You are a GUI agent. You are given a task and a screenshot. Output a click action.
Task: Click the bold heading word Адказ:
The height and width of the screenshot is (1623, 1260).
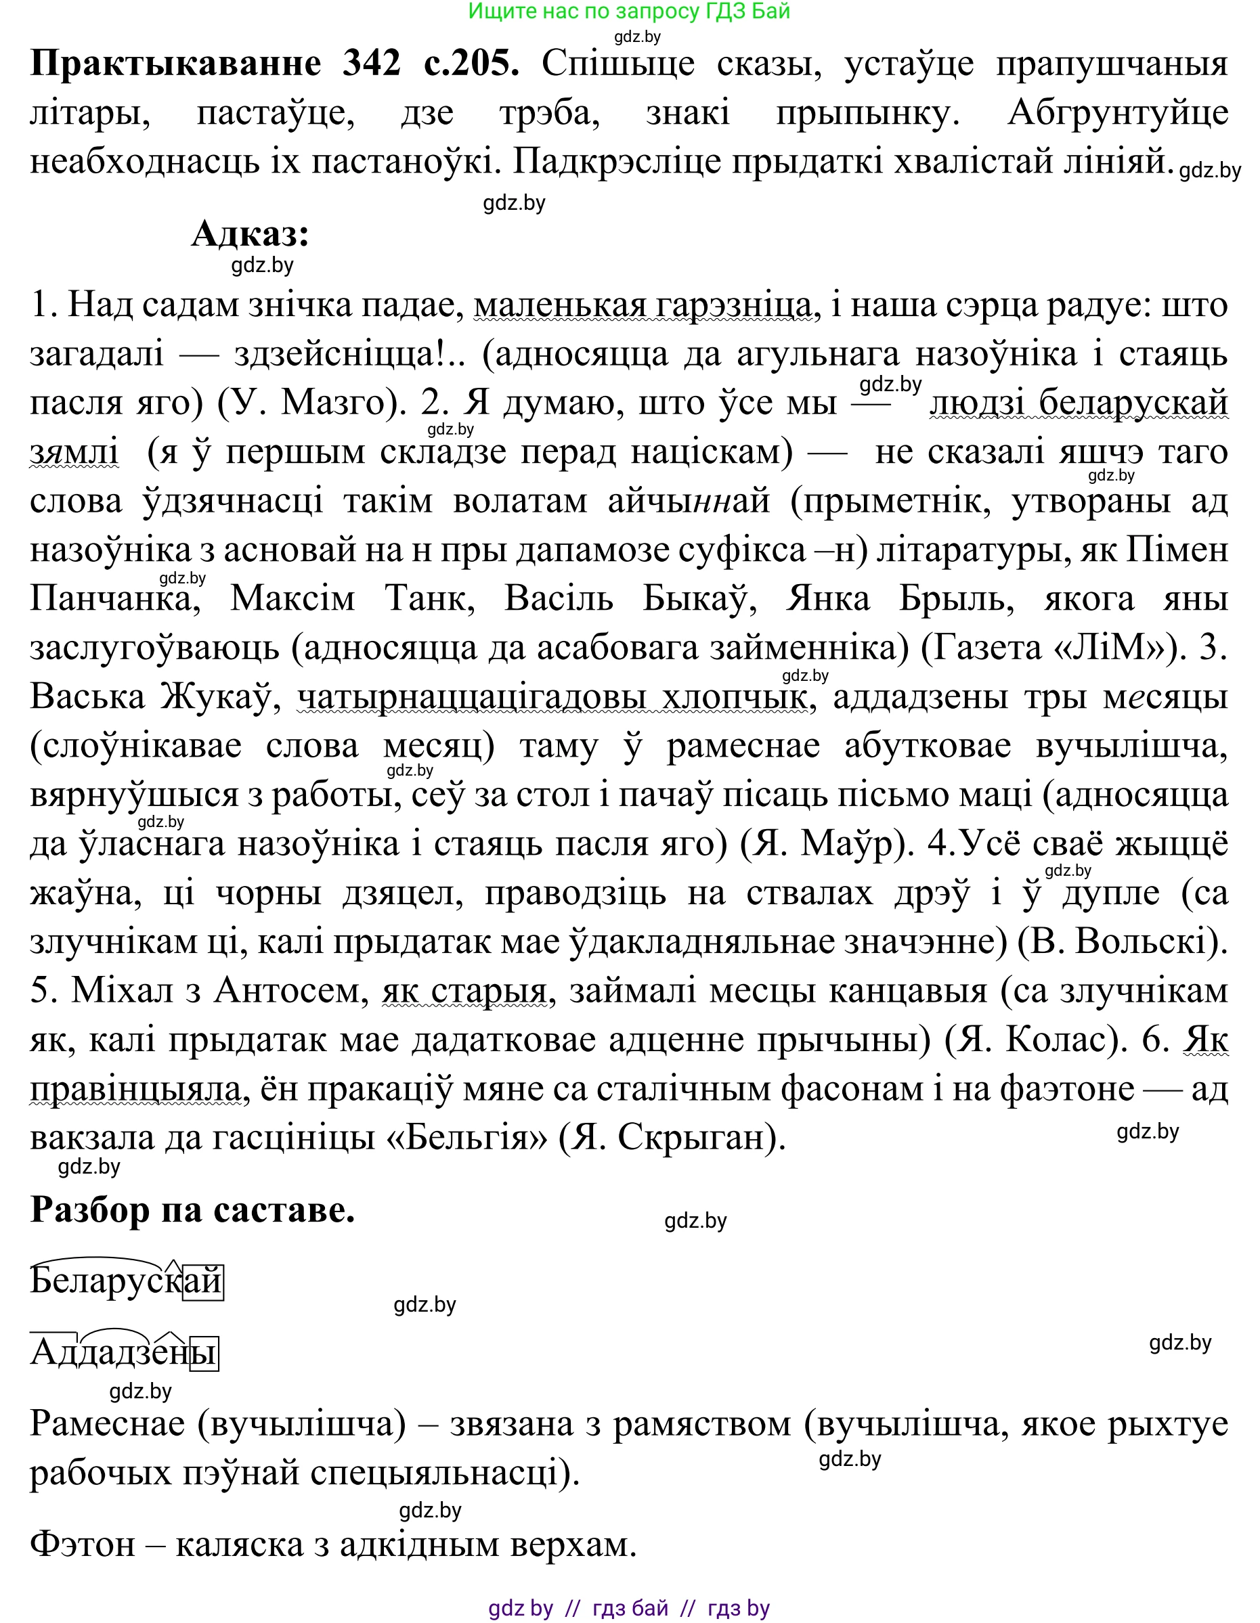point(250,234)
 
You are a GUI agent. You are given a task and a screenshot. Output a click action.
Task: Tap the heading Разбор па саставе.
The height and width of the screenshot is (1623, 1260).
point(192,1211)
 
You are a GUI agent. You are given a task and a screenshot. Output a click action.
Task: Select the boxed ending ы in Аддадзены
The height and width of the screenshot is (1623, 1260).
point(204,1353)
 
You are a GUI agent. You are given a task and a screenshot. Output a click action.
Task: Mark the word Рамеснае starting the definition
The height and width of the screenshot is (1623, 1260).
point(107,1423)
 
